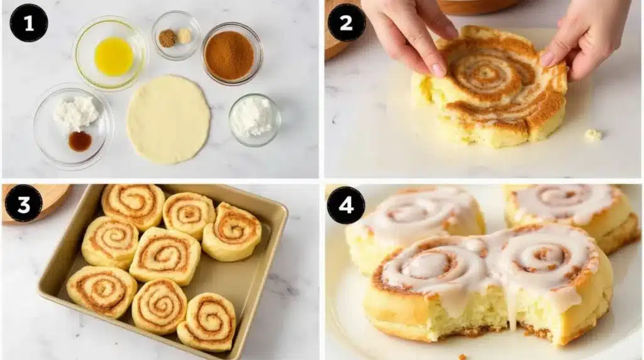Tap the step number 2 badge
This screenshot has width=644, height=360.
tap(346, 23)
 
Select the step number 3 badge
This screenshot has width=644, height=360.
tap(23, 203)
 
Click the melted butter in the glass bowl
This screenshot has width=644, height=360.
tap(113, 56)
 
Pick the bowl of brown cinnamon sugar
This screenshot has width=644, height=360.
tap(230, 55)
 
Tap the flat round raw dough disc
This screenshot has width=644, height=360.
tap(168, 119)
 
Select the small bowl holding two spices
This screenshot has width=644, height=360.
tap(175, 37)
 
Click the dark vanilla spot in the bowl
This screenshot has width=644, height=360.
tap(80, 141)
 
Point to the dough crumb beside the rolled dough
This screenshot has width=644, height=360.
tap(592, 134)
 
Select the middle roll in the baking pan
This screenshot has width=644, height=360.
tap(165, 255)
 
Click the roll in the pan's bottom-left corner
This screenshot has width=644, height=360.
tap(101, 291)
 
